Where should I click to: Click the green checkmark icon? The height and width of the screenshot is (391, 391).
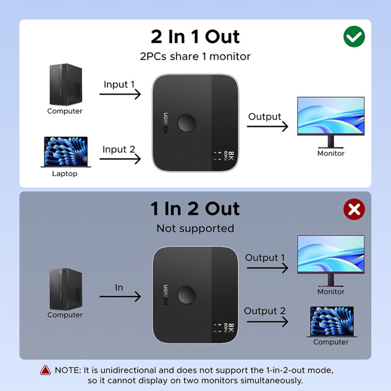354,37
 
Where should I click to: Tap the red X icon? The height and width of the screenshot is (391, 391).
354,209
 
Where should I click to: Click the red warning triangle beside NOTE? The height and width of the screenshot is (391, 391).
45,370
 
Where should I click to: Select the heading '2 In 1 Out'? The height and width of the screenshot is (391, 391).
195,37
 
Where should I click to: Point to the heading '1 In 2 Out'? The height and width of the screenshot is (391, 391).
195,209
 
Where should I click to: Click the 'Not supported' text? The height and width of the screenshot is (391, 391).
195,228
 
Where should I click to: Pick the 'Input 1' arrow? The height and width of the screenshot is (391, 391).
120,93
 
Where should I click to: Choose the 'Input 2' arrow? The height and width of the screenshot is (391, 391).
120,158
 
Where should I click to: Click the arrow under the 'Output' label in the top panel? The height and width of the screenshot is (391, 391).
267,126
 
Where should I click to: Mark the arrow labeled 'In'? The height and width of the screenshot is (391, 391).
120,296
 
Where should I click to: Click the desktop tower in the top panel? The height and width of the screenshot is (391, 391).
65,85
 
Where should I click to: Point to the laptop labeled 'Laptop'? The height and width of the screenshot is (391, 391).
65,152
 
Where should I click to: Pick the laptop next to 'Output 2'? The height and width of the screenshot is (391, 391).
332,322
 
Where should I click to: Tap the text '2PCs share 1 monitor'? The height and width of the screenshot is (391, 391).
195,56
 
